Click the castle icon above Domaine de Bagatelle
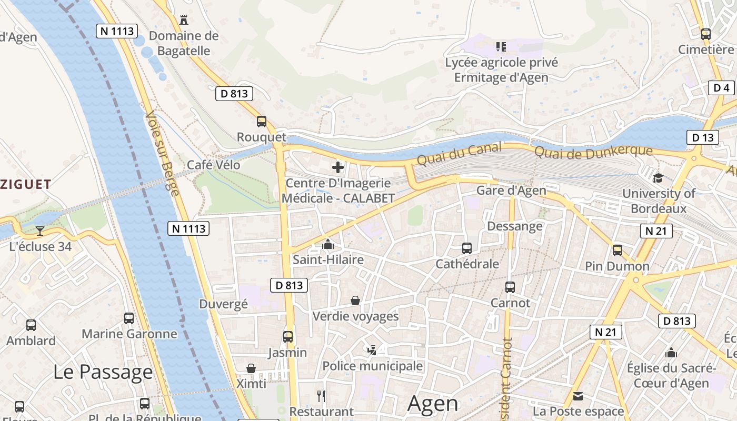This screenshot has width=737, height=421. click(x=184, y=20)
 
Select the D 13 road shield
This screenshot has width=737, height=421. click(x=702, y=138)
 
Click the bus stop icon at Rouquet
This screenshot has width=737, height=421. click(x=262, y=122)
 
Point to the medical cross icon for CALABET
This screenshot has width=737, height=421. click(x=338, y=167)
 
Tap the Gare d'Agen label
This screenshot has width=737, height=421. click(x=511, y=191)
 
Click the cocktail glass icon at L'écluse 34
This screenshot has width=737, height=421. click(x=40, y=230)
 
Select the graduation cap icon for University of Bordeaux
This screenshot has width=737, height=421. click(x=658, y=178)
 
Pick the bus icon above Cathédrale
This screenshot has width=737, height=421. click(x=466, y=248)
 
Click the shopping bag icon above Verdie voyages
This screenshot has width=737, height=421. click(x=355, y=300)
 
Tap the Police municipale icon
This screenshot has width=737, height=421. click(x=372, y=350)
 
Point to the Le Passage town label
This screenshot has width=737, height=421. click(x=103, y=372)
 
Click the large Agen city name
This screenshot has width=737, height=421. click(x=433, y=404)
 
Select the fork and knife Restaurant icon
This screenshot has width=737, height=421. click(x=321, y=396)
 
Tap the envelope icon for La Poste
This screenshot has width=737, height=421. click(x=578, y=396)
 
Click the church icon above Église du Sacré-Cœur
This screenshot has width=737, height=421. click(x=671, y=353)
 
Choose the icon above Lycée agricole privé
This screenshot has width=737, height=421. click(x=501, y=47)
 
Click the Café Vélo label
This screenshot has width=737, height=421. click(x=214, y=165)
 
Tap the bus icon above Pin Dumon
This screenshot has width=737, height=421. click(x=618, y=250)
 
